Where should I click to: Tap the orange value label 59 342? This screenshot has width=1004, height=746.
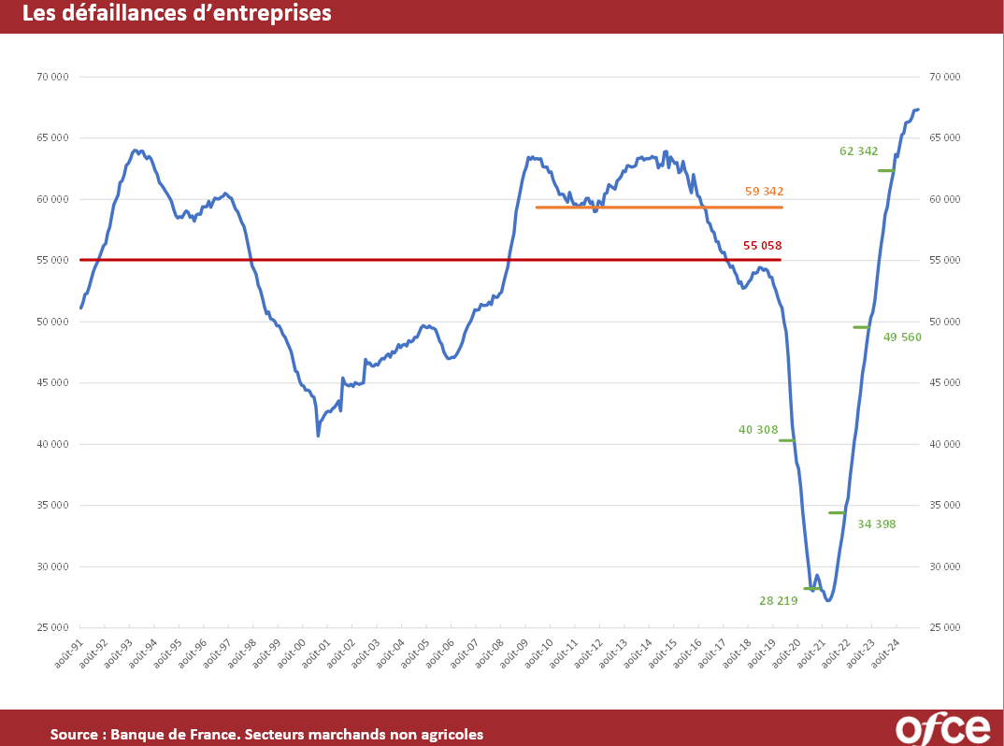764,192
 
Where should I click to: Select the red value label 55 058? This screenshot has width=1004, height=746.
762,246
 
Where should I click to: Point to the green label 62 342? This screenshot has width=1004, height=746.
858,151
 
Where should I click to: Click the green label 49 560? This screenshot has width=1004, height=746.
902,337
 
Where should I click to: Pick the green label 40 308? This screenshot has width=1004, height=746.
757,430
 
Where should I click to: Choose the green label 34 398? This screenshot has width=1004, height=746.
876,524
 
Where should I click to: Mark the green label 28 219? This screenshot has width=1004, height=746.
778,601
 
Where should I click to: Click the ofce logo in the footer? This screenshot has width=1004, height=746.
942,727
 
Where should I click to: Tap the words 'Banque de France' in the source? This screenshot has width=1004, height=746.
171,735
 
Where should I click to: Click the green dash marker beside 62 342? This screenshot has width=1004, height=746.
885,170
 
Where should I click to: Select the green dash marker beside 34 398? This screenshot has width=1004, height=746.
837,512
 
